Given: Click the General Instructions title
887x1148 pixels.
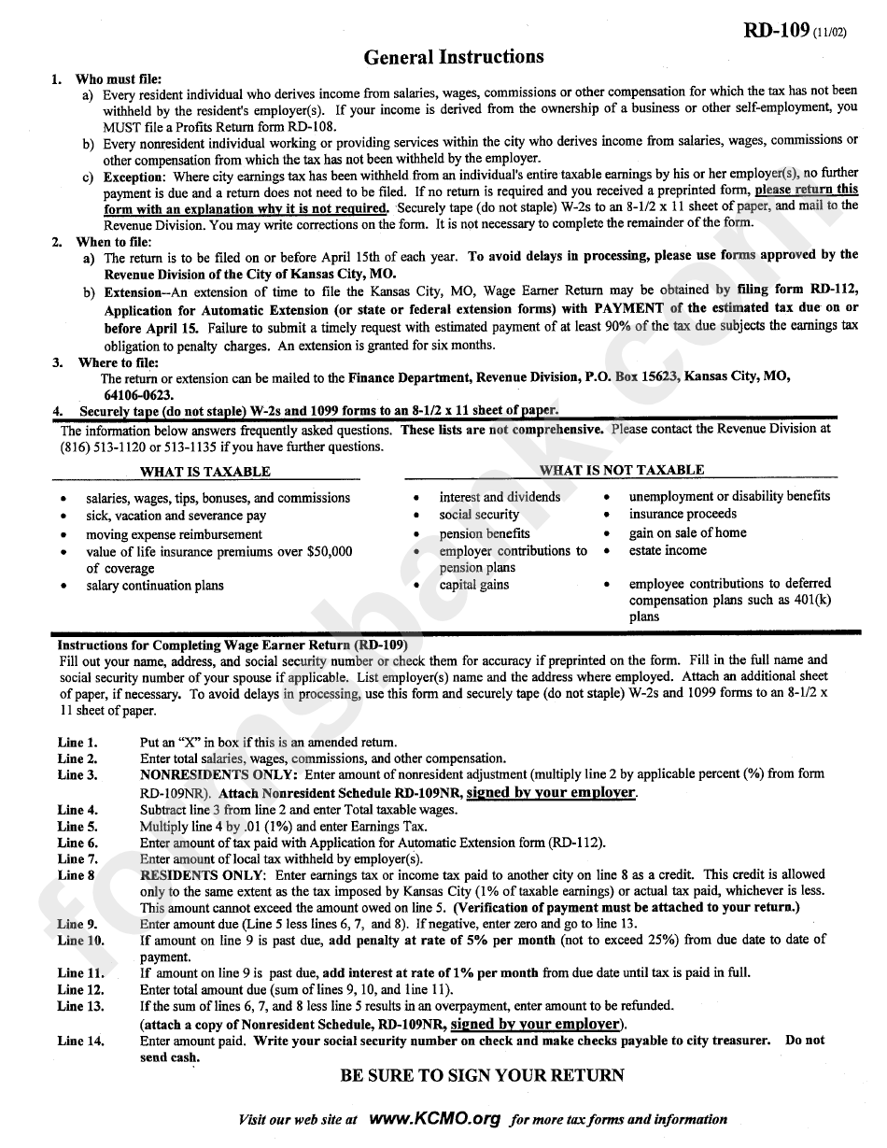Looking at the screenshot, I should (454, 57).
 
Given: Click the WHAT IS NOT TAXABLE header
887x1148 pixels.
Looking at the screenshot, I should (622, 470).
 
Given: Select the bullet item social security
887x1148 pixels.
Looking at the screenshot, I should (479, 515).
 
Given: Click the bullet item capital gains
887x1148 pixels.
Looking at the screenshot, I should (474, 585).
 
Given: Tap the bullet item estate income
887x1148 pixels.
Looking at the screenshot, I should (668, 550).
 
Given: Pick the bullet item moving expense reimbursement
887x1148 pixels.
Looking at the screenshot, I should (174, 534).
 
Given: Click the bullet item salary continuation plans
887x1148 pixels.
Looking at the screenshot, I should (155, 586).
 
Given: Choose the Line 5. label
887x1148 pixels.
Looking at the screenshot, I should (77, 827).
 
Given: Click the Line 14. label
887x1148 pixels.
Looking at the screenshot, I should (81, 1041).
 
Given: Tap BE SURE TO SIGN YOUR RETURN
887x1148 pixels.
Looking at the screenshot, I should (482, 1075).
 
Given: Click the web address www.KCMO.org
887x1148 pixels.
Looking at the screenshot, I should (434, 1118).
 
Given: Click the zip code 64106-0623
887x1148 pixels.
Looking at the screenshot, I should (136, 395).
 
